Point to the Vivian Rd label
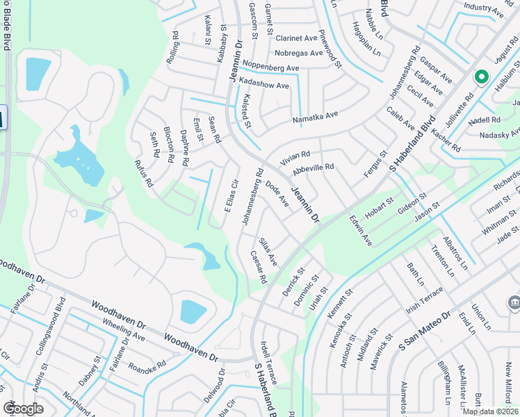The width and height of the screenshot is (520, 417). pos(295,158)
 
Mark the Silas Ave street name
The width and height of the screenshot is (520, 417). pos(268,252)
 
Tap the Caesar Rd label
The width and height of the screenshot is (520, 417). pos(259,267)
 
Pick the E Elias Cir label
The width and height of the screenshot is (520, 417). pos(231,197)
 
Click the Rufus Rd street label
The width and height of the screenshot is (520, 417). pos(143,172)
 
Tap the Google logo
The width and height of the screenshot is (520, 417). pos(23,408)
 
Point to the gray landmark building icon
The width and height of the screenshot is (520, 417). pos(514,302)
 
